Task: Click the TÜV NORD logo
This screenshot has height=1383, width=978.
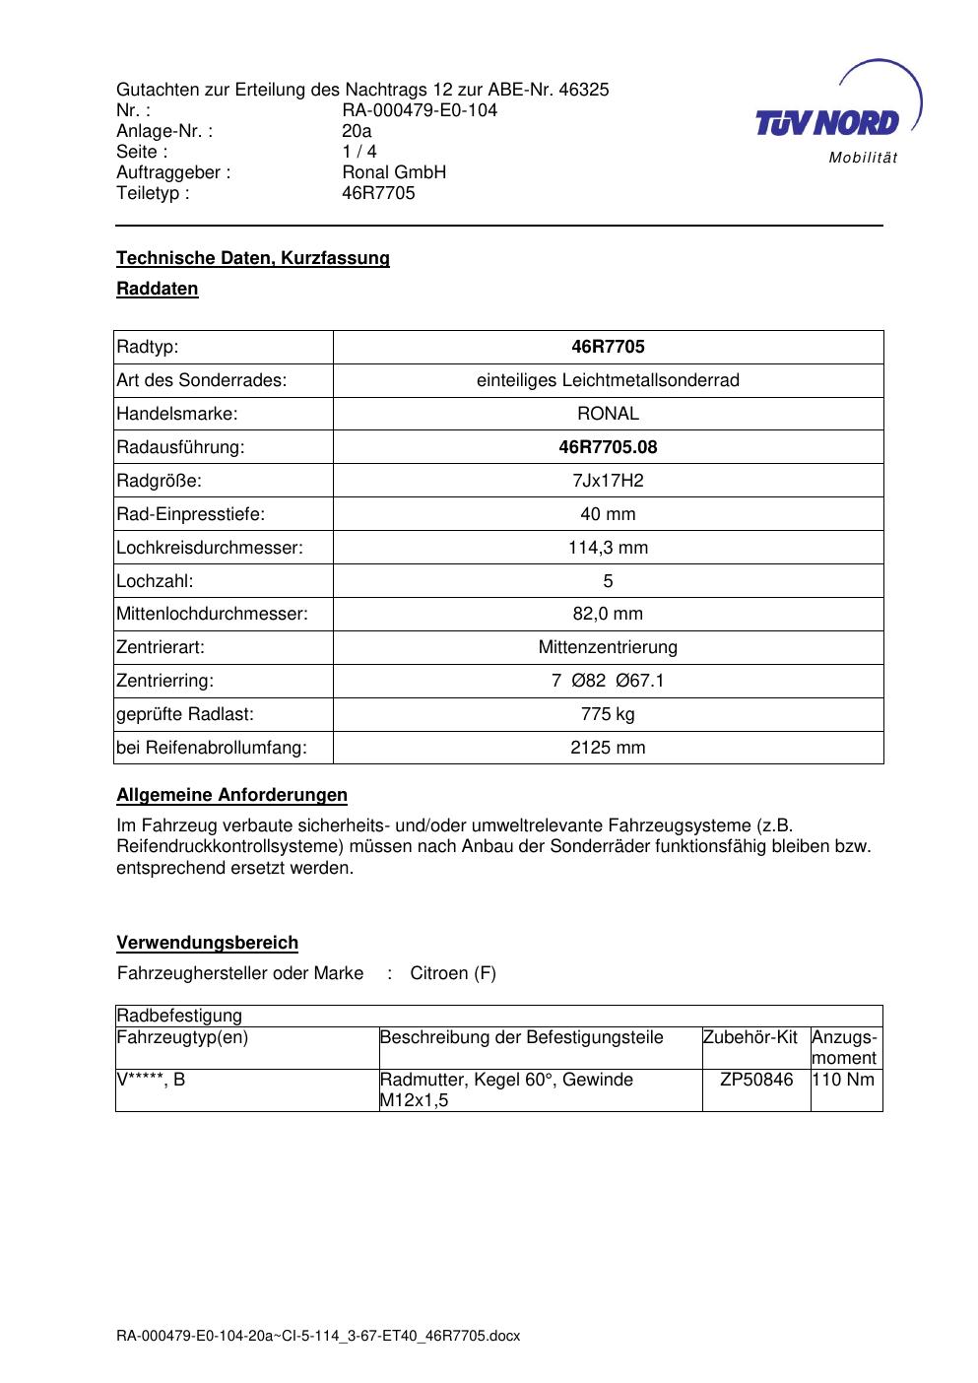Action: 835,116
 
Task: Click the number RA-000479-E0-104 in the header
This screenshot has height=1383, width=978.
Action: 420,110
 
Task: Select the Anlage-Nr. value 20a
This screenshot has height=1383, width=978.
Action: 357,131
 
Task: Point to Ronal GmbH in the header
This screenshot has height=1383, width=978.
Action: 394,172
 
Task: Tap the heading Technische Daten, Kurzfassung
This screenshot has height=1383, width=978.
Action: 253,258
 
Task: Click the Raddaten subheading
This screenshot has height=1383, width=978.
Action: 158,289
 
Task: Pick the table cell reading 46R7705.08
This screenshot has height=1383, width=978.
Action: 608,447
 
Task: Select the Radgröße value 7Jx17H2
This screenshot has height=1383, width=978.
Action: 608,481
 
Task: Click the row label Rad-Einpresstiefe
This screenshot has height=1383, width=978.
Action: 191,514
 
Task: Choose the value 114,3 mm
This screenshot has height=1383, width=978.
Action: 608,548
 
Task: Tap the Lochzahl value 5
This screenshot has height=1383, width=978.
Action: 608,581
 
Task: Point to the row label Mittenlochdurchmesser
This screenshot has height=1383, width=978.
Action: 213,614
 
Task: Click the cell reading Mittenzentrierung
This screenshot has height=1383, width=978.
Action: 608,647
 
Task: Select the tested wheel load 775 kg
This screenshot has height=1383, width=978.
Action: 608,714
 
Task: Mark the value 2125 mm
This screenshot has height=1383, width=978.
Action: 608,748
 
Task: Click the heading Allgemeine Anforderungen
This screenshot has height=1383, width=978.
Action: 232,795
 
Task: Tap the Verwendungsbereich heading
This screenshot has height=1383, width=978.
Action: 208,943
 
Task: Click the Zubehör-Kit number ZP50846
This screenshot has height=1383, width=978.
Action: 756,1080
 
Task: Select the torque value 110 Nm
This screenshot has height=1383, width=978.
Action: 845,1080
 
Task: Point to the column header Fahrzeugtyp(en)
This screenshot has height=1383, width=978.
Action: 182,1037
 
